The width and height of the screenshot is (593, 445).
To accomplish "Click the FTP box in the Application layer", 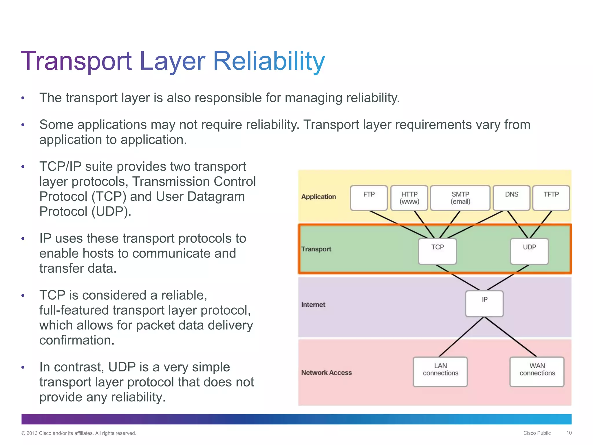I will pos(369,198).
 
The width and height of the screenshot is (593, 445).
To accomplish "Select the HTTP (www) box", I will pos(409,198).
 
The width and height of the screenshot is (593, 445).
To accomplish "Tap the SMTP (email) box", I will pos(460,198).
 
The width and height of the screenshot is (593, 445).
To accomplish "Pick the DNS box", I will pos(511,198).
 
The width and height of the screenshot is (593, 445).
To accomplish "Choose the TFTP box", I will pos(551,198).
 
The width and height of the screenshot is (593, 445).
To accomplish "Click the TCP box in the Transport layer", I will pos(437,251).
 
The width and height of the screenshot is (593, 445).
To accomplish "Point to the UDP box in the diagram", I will pos(529,251).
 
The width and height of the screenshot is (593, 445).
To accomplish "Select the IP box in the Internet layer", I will pos(484,303).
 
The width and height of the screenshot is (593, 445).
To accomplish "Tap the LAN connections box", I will pos(440,371).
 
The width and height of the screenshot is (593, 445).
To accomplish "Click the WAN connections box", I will pos(537,371).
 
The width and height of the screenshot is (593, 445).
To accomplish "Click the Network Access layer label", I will pos(326,373).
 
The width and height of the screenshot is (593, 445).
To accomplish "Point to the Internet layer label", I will pos(313,304).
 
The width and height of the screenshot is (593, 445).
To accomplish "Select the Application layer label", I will pos(319,197).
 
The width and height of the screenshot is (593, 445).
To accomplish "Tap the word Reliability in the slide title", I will pos(269,61).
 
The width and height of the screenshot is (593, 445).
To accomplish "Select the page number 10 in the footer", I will pos(569,433).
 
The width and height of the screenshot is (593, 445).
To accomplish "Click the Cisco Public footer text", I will pos(537,433).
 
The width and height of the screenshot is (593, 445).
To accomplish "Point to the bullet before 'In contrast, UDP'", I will pos(23,368).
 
